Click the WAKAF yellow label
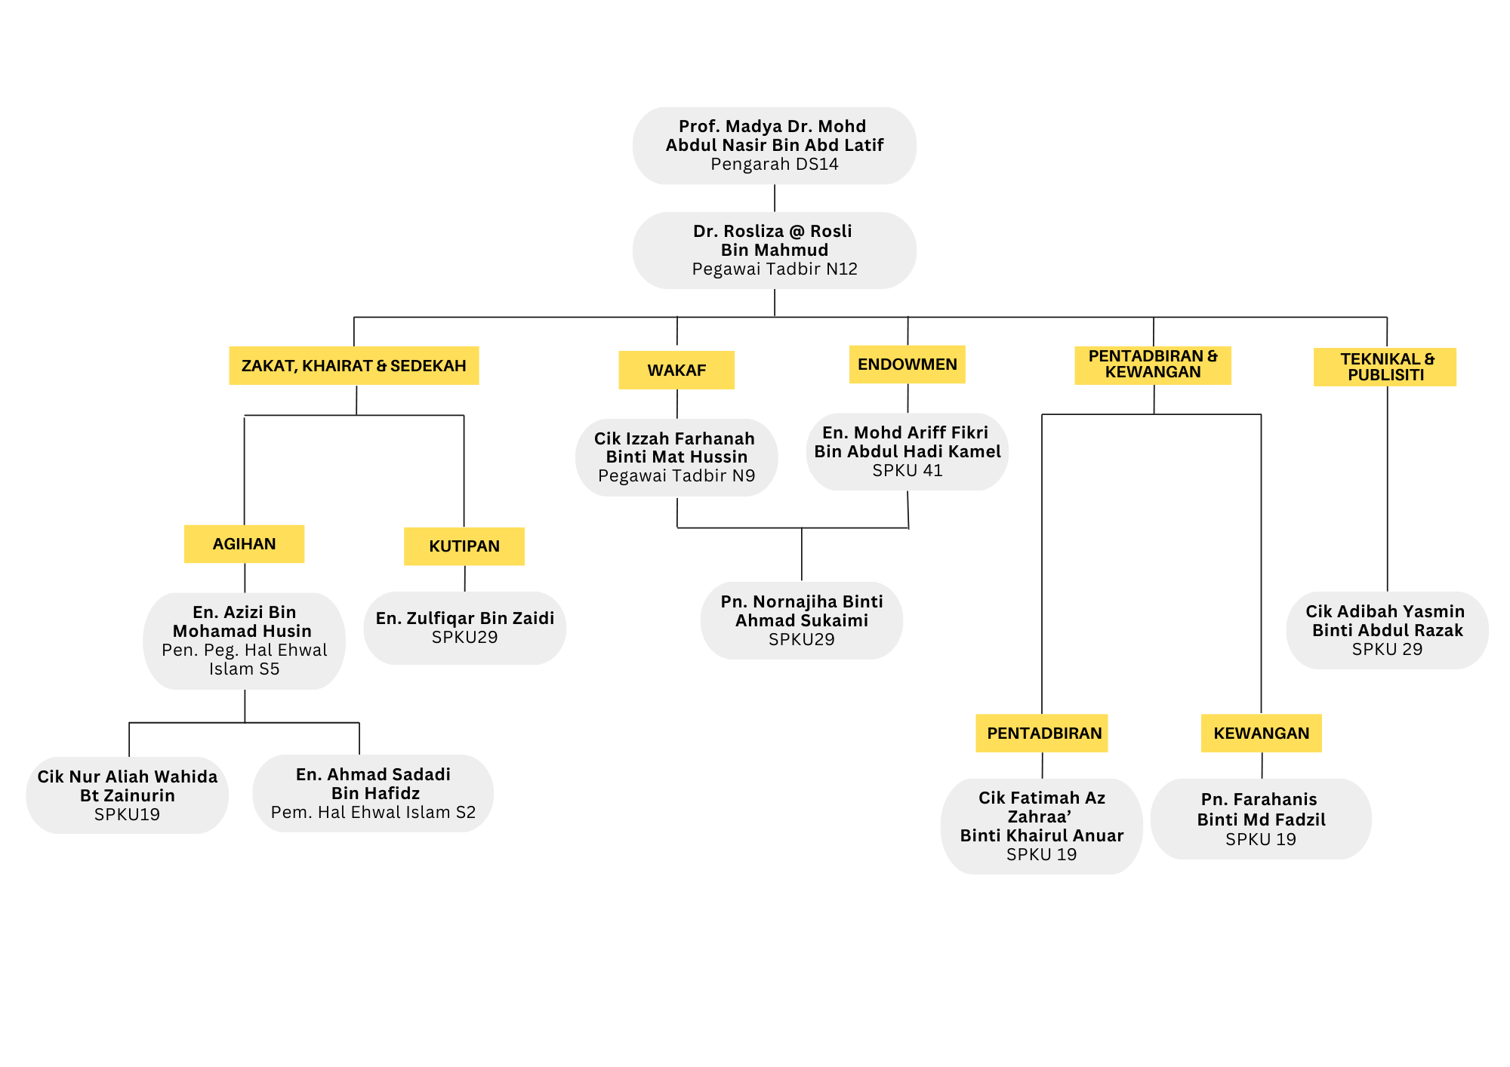click(x=676, y=370)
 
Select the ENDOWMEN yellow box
click(x=907, y=364)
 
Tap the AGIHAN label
click(x=244, y=544)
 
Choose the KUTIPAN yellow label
click(x=464, y=546)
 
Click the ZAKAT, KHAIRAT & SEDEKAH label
click(x=353, y=366)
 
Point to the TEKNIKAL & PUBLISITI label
click(x=1385, y=367)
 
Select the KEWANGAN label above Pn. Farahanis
click(x=1261, y=733)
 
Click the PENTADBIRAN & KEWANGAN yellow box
click(x=1153, y=364)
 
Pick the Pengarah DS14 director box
click(x=774, y=146)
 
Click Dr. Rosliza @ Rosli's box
click(x=774, y=251)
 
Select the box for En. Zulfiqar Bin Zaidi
click(x=464, y=628)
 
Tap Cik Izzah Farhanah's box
click(x=676, y=457)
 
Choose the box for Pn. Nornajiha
click(x=801, y=620)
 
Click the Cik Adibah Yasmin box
click(x=1387, y=630)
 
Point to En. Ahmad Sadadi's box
click(x=373, y=793)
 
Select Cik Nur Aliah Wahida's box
click(x=127, y=795)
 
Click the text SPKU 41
click(x=907, y=471)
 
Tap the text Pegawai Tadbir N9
click(x=676, y=476)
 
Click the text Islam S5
click(x=244, y=669)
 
